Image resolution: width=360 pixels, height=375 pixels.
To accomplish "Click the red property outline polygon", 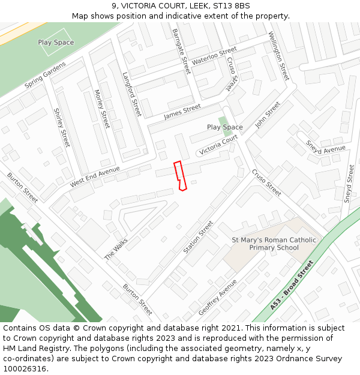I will click(x=179, y=176).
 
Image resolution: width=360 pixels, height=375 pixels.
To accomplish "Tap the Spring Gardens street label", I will click(x=46, y=77).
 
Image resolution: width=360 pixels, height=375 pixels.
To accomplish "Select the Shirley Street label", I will click(x=62, y=127).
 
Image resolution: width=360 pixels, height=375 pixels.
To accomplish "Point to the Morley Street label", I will click(x=102, y=109).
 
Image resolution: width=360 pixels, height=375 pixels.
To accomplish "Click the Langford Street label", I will click(x=131, y=94).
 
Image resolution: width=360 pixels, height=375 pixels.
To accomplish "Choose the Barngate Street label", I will click(x=181, y=51).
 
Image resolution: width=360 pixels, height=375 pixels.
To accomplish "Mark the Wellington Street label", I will click(x=279, y=56).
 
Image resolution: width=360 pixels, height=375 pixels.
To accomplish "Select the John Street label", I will click(x=268, y=115).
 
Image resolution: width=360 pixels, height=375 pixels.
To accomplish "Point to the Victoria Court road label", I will click(x=218, y=145).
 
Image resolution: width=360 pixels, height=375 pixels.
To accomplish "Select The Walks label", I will click(x=116, y=248).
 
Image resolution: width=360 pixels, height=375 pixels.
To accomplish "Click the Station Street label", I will click(x=199, y=236).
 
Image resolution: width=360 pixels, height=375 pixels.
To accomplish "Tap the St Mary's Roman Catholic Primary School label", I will click(x=274, y=244).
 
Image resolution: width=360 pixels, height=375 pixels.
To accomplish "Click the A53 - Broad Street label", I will click(x=292, y=284).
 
